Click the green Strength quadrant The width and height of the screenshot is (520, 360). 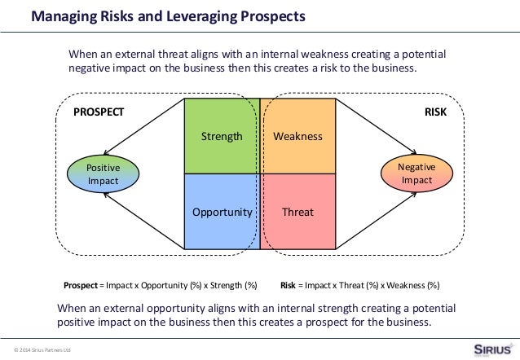click(x=222, y=136)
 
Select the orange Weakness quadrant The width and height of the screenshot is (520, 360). click(x=298, y=136)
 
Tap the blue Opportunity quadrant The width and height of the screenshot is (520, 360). click(x=222, y=211)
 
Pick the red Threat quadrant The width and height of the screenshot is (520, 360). click(x=298, y=211)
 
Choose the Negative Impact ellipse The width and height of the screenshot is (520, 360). click(x=416, y=173)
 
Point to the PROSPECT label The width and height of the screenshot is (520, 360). click(x=99, y=113)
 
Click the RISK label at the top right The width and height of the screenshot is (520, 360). click(x=436, y=113)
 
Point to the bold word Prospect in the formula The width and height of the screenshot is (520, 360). click(x=81, y=286)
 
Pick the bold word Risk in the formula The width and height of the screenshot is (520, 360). click(x=287, y=286)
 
